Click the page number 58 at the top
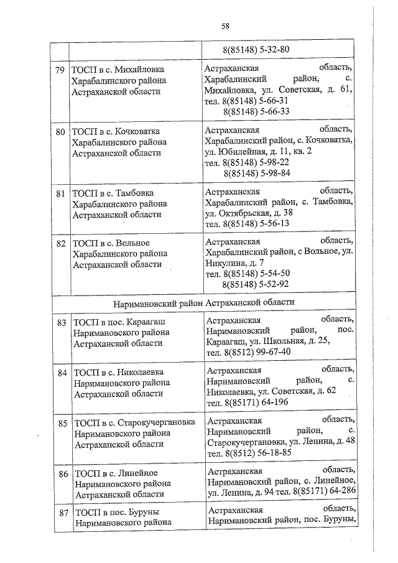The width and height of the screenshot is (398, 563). (225, 26)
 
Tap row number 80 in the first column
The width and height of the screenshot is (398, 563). (60, 131)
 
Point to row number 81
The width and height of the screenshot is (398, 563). (60, 193)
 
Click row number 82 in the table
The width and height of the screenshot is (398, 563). (60, 243)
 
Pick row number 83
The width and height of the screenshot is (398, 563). (61, 323)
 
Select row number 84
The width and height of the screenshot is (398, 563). (62, 373)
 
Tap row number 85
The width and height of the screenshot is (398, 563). (62, 423)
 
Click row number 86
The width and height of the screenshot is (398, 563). (62, 473)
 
